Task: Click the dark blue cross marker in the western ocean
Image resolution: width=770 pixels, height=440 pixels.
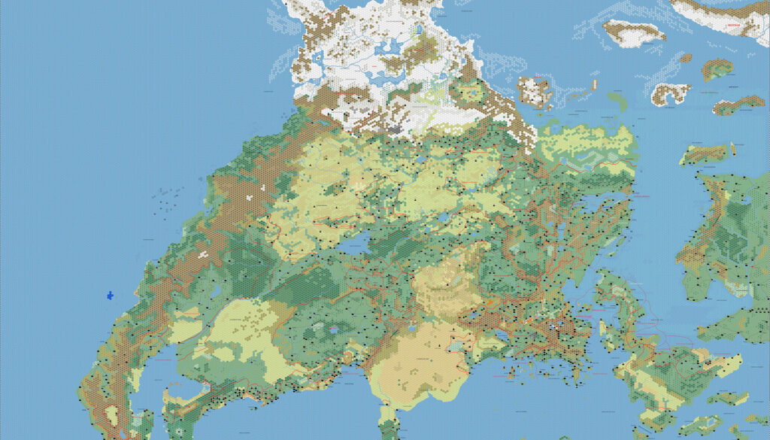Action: click(110, 295)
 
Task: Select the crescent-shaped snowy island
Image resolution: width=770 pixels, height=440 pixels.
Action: click(670, 93)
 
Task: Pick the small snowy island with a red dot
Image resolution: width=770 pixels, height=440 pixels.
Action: click(535, 91)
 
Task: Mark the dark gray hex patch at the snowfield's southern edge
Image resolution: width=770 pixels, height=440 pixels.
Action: click(393, 130)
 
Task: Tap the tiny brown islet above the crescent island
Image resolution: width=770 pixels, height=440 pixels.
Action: click(685, 58)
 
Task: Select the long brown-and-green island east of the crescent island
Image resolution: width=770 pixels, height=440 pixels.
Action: click(738, 105)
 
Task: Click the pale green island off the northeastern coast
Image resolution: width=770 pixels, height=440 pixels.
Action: click(616, 99)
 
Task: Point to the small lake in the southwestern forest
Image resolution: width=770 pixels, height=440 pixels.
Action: click(333, 329)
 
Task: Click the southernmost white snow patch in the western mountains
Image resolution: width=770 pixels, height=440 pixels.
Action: click(202, 254)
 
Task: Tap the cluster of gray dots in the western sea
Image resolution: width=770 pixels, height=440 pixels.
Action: click(167, 197)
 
